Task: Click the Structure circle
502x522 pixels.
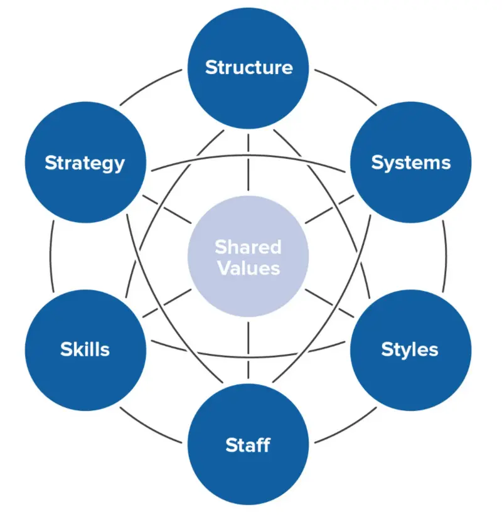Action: pos(249,67)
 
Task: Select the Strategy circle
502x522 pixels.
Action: pos(85,163)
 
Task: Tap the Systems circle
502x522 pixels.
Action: pos(411,163)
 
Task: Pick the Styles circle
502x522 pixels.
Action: pos(411,349)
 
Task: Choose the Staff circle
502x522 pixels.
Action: pos(249,445)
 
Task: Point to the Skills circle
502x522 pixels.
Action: pos(85,349)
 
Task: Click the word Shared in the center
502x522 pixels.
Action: pos(248,247)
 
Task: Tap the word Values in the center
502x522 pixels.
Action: pos(248,268)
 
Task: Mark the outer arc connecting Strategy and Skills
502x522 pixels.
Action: pos(51,256)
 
